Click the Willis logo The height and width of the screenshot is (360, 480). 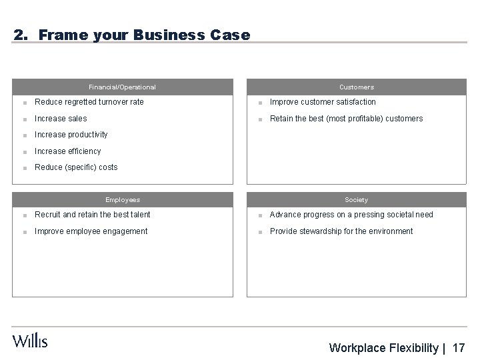(30, 340)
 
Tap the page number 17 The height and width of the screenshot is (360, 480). (459, 348)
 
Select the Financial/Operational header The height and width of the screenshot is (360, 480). (123, 87)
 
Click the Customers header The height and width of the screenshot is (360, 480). (357, 87)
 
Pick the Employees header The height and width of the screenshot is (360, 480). (123, 199)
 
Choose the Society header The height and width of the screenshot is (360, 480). (357, 199)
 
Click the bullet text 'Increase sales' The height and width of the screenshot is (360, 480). (61, 119)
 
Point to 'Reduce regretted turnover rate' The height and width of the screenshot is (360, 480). (89, 102)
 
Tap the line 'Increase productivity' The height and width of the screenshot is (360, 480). (71, 135)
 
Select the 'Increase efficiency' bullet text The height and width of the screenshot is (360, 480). (67, 151)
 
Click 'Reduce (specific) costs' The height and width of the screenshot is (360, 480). (75, 167)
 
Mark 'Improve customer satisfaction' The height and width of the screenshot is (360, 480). (323, 102)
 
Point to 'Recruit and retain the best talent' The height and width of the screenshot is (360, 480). (93, 215)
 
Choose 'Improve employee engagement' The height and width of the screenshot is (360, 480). (91, 231)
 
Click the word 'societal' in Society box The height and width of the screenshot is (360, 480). (394, 215)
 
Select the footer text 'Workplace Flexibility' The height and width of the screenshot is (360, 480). (384, 348)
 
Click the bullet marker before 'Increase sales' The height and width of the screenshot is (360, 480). (24, 119)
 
